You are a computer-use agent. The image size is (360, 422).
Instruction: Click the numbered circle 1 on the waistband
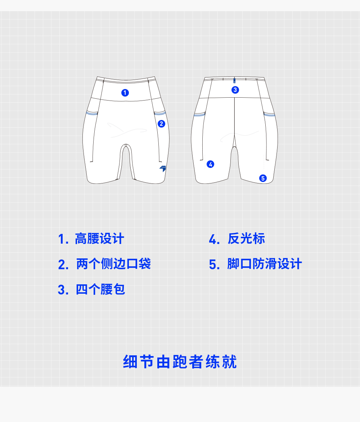(x=125, y=93)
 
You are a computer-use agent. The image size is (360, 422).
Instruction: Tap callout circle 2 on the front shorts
(x=161, y=124)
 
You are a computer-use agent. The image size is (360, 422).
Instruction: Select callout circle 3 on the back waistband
(x=235, y=90)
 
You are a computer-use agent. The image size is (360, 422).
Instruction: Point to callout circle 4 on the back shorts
(x=210, y=164)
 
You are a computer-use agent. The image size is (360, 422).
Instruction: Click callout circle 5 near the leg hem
(x=263, y=178)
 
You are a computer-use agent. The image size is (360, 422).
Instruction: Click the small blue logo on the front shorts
(x=163, y=168)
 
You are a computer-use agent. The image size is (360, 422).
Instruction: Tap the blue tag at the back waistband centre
(x=234, y=81)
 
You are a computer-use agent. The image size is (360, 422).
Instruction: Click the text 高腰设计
(x=99, y=239)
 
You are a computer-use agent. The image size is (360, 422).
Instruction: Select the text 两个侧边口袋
(x=113, y=264)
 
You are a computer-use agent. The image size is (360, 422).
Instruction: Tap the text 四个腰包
(x=100, y=289)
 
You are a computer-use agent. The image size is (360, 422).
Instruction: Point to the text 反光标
(x=246, y=239)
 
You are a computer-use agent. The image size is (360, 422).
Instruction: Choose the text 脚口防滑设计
(x=264, y=264)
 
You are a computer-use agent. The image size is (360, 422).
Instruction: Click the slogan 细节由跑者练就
(x=180, y=362)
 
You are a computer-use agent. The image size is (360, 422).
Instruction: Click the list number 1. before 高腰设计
(x=63, y=239)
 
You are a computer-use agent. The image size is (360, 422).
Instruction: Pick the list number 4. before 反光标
(x=214, y=239)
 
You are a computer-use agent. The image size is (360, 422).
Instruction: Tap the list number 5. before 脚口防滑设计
(x=214, y=265)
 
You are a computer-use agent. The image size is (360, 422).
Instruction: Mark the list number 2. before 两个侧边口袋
(x=63, y=265)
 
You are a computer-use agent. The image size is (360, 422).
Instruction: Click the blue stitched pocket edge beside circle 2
(x=159, y=114)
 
